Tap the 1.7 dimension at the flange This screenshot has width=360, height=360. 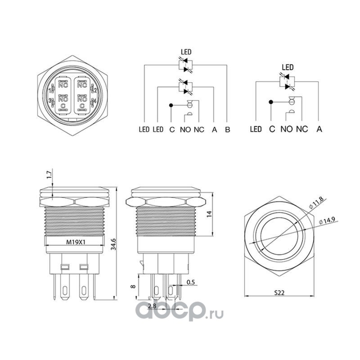click(49, 175)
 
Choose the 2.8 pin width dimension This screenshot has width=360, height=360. click(152, 306)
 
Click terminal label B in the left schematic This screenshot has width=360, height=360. click(228, 130)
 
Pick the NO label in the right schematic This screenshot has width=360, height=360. click(287, 129)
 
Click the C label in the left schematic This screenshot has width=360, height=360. click(171, 130)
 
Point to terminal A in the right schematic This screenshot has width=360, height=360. click(319, 129)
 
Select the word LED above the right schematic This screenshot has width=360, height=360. click(288, 67)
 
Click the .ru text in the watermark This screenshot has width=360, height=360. click(216, 310)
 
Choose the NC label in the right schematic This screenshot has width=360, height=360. click(302, 129)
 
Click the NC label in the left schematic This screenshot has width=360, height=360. click(199, 130)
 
